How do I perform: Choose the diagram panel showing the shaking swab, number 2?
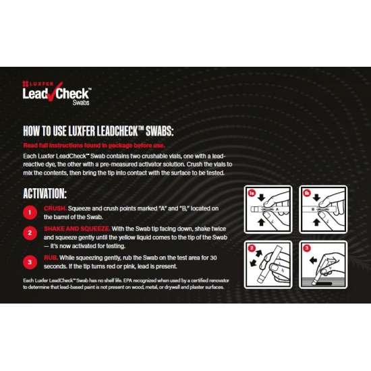point(266,264)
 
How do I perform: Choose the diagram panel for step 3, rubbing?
point(322,264)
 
